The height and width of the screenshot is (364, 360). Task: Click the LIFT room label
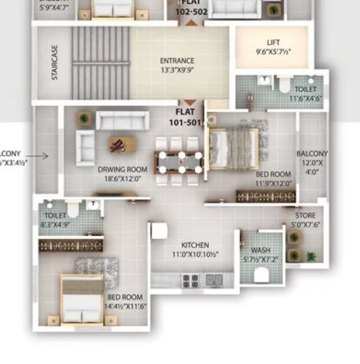273,43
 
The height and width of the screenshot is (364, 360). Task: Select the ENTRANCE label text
177,61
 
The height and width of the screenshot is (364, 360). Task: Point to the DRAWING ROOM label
123,169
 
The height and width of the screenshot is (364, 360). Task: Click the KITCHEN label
195,245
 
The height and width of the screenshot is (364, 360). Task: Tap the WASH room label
260,250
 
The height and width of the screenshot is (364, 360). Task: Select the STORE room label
305,215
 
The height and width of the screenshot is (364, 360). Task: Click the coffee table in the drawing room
123,145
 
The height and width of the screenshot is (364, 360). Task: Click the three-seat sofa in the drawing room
123,120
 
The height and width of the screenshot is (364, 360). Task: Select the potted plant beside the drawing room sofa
84,119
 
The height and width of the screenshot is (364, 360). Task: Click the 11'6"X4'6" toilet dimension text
305,99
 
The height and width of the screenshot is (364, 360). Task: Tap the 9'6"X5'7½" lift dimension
273,52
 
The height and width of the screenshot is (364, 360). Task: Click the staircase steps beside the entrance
100,62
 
